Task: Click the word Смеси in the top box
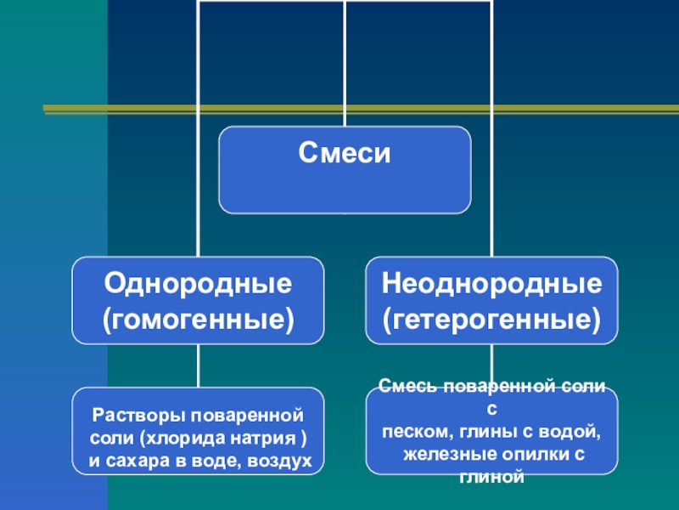click(345, 154)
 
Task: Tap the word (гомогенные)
click(198, 320)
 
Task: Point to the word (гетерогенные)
click(492, 320)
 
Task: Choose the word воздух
click(281, 461)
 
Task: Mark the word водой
click(573, 433)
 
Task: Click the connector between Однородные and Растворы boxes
click(198, 365)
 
